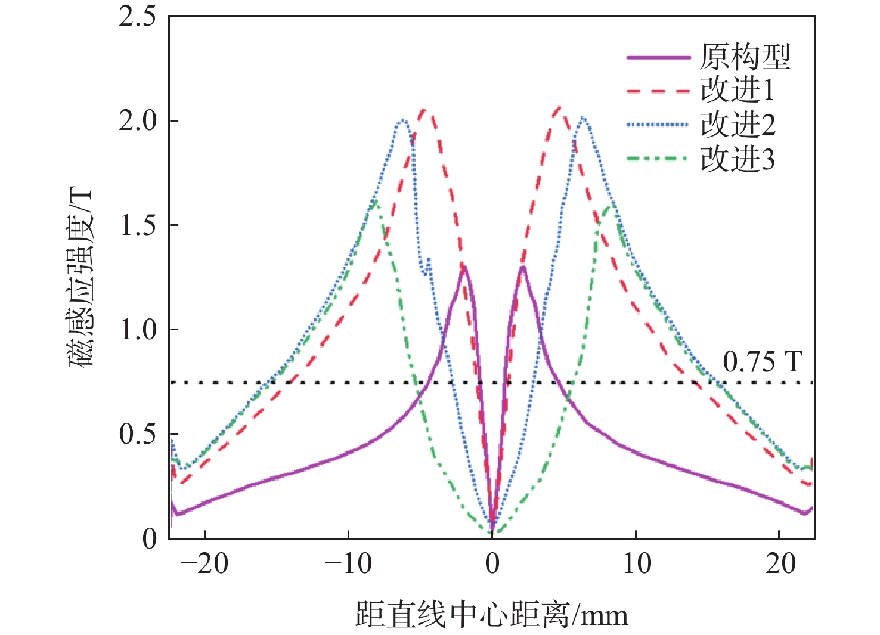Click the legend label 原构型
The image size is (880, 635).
pos(745,57)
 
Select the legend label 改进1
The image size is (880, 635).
pos(738,91)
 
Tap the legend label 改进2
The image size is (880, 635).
pos(738,125)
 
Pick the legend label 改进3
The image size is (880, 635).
pos(738,159)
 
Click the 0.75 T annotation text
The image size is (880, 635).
pos(763,362)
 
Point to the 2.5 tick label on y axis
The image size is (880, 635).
pos(138,17)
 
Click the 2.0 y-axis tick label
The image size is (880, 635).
pos(138,121)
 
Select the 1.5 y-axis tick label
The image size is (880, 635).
pos(138,225)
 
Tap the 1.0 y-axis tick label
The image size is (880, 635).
pos(138,330)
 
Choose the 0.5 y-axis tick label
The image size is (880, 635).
pos(138,434)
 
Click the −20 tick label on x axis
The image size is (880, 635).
pos(204,563)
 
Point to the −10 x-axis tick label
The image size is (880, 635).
pos(348,563)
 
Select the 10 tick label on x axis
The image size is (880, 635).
pos(637,563)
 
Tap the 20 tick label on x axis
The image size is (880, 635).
pos(780,563)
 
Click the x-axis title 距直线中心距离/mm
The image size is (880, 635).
pos(492,615)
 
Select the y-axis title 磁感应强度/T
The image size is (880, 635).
pos(81,277)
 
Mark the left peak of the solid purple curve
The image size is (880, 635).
pos(463,266)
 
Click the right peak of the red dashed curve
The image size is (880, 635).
pos(559,108)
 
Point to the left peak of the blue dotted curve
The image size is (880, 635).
pos(403,120)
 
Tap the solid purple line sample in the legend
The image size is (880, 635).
pos(658,57)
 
